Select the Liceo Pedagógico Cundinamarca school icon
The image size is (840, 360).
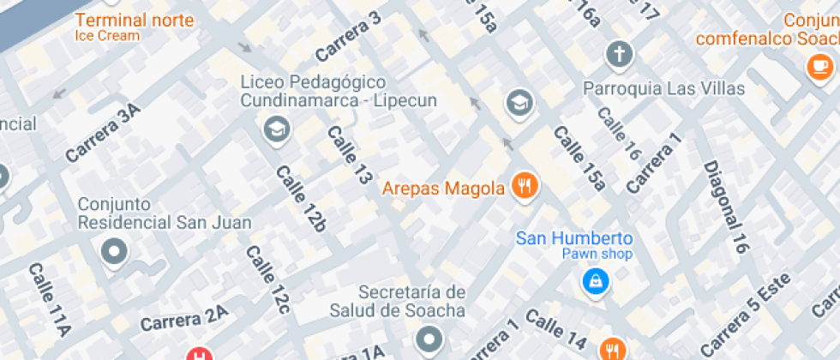(x=276, y=129)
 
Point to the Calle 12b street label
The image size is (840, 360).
(x=300, y=199)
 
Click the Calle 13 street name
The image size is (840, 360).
(x=350, y=155)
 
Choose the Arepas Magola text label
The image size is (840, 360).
(x=443, y=188)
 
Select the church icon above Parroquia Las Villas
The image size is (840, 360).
(x=618, y=55)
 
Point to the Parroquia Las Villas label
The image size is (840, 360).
(x=663, y=88)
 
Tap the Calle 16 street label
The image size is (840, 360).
(x=619, y=134)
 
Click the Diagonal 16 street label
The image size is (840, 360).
(x=725, y=207)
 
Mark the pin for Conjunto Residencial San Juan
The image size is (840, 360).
(x=113, y=252)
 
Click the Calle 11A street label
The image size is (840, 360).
(x=48, y=298)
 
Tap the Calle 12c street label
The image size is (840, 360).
(x=268, y=279)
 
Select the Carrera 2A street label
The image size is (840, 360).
(x=183, y=320)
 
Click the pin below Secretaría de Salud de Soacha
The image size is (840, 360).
(x=429, y=339)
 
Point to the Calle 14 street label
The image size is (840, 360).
(x=556, y=330)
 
